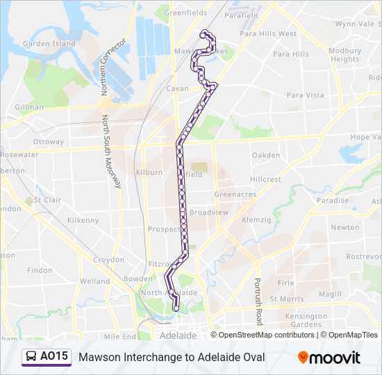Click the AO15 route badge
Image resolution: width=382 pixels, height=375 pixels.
[47, 357]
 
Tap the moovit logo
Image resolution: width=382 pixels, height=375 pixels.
[329, 358]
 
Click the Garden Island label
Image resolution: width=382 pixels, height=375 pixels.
[49, 44]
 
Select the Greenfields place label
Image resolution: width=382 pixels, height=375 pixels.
[185, 12]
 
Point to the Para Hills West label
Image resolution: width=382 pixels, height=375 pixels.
[267, 33]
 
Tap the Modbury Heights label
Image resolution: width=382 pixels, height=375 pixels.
[344, 55]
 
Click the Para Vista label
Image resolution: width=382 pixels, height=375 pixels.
[305, 95]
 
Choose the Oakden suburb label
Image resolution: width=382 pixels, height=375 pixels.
[266, 156]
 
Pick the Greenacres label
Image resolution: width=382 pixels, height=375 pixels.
[235, 194]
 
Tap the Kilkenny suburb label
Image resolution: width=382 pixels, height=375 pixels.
[83, 220]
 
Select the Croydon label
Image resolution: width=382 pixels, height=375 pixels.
[108, 260]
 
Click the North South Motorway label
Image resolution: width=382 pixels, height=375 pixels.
[111, 152]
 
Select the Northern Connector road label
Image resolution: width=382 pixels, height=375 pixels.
[113, 58]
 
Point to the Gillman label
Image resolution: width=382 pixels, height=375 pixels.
[29, 108]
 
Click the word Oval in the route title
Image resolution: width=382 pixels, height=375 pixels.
[251, 357]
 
